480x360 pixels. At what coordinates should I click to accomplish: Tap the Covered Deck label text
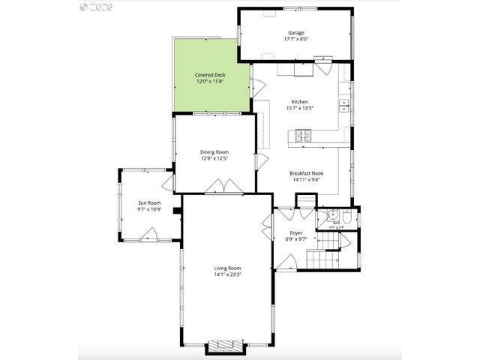[210, 75]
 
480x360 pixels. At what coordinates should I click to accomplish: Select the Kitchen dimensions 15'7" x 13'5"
[300, 108]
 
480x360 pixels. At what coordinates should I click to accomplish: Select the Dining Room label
[214, 152]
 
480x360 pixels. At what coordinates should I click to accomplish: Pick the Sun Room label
[148, 202]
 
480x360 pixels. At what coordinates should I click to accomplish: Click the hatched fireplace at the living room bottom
[226, 346]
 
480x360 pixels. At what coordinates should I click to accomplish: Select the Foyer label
[296, 233]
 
